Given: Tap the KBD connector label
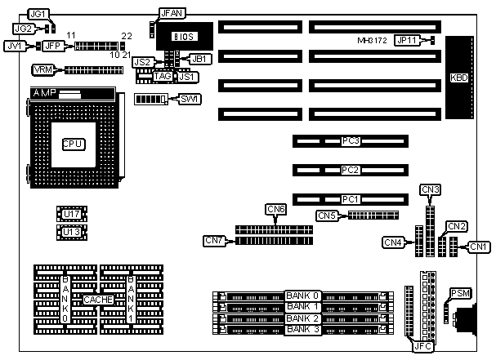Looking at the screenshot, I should click(x=459, y=78).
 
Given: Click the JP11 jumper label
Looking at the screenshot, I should click(x=406, y=40).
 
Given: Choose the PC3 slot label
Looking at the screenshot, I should click(x=351, y=141).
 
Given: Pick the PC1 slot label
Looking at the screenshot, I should click(x=351, y=198).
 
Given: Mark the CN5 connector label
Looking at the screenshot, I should click(x=327, y=216).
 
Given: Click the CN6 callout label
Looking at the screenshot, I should click(x=276, y=209).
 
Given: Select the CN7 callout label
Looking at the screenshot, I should click(x=214, y=240).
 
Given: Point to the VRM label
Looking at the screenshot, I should click(x=42, y=70).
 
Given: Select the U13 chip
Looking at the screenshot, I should click(x=72, y=232).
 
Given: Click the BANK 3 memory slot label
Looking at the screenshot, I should click(x=302, y=329).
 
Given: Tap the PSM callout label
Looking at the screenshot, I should click(x=459, y=292).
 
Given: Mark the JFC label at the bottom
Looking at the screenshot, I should click(x=422, y=346).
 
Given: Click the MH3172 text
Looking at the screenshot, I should click(x=373, y=40).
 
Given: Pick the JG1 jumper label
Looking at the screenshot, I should click(x=38, y=14).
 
